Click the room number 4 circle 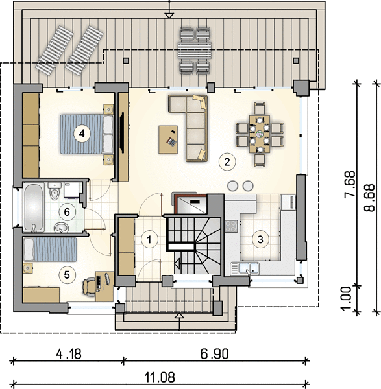pos(82,134)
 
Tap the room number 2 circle pos(227,161)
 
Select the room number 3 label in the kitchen pos(260,239)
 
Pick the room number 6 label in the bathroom pos(67,212)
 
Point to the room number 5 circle pos(67,275)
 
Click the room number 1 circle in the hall pos(149,240)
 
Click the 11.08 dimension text pos(160,377)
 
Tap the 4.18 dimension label pos(69,354)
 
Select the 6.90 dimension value pos(214,354)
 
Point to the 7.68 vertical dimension pos(350,184)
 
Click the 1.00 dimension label pos(346,298)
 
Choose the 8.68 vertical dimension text pos(369,198)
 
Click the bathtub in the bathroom pos(34,207)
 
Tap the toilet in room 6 pos(55,191)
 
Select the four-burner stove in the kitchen pos(231,226)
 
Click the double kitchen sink pos(245,268)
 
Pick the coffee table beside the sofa pos(168,139)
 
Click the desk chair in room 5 pos(88,287)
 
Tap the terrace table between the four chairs pos(195,51)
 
